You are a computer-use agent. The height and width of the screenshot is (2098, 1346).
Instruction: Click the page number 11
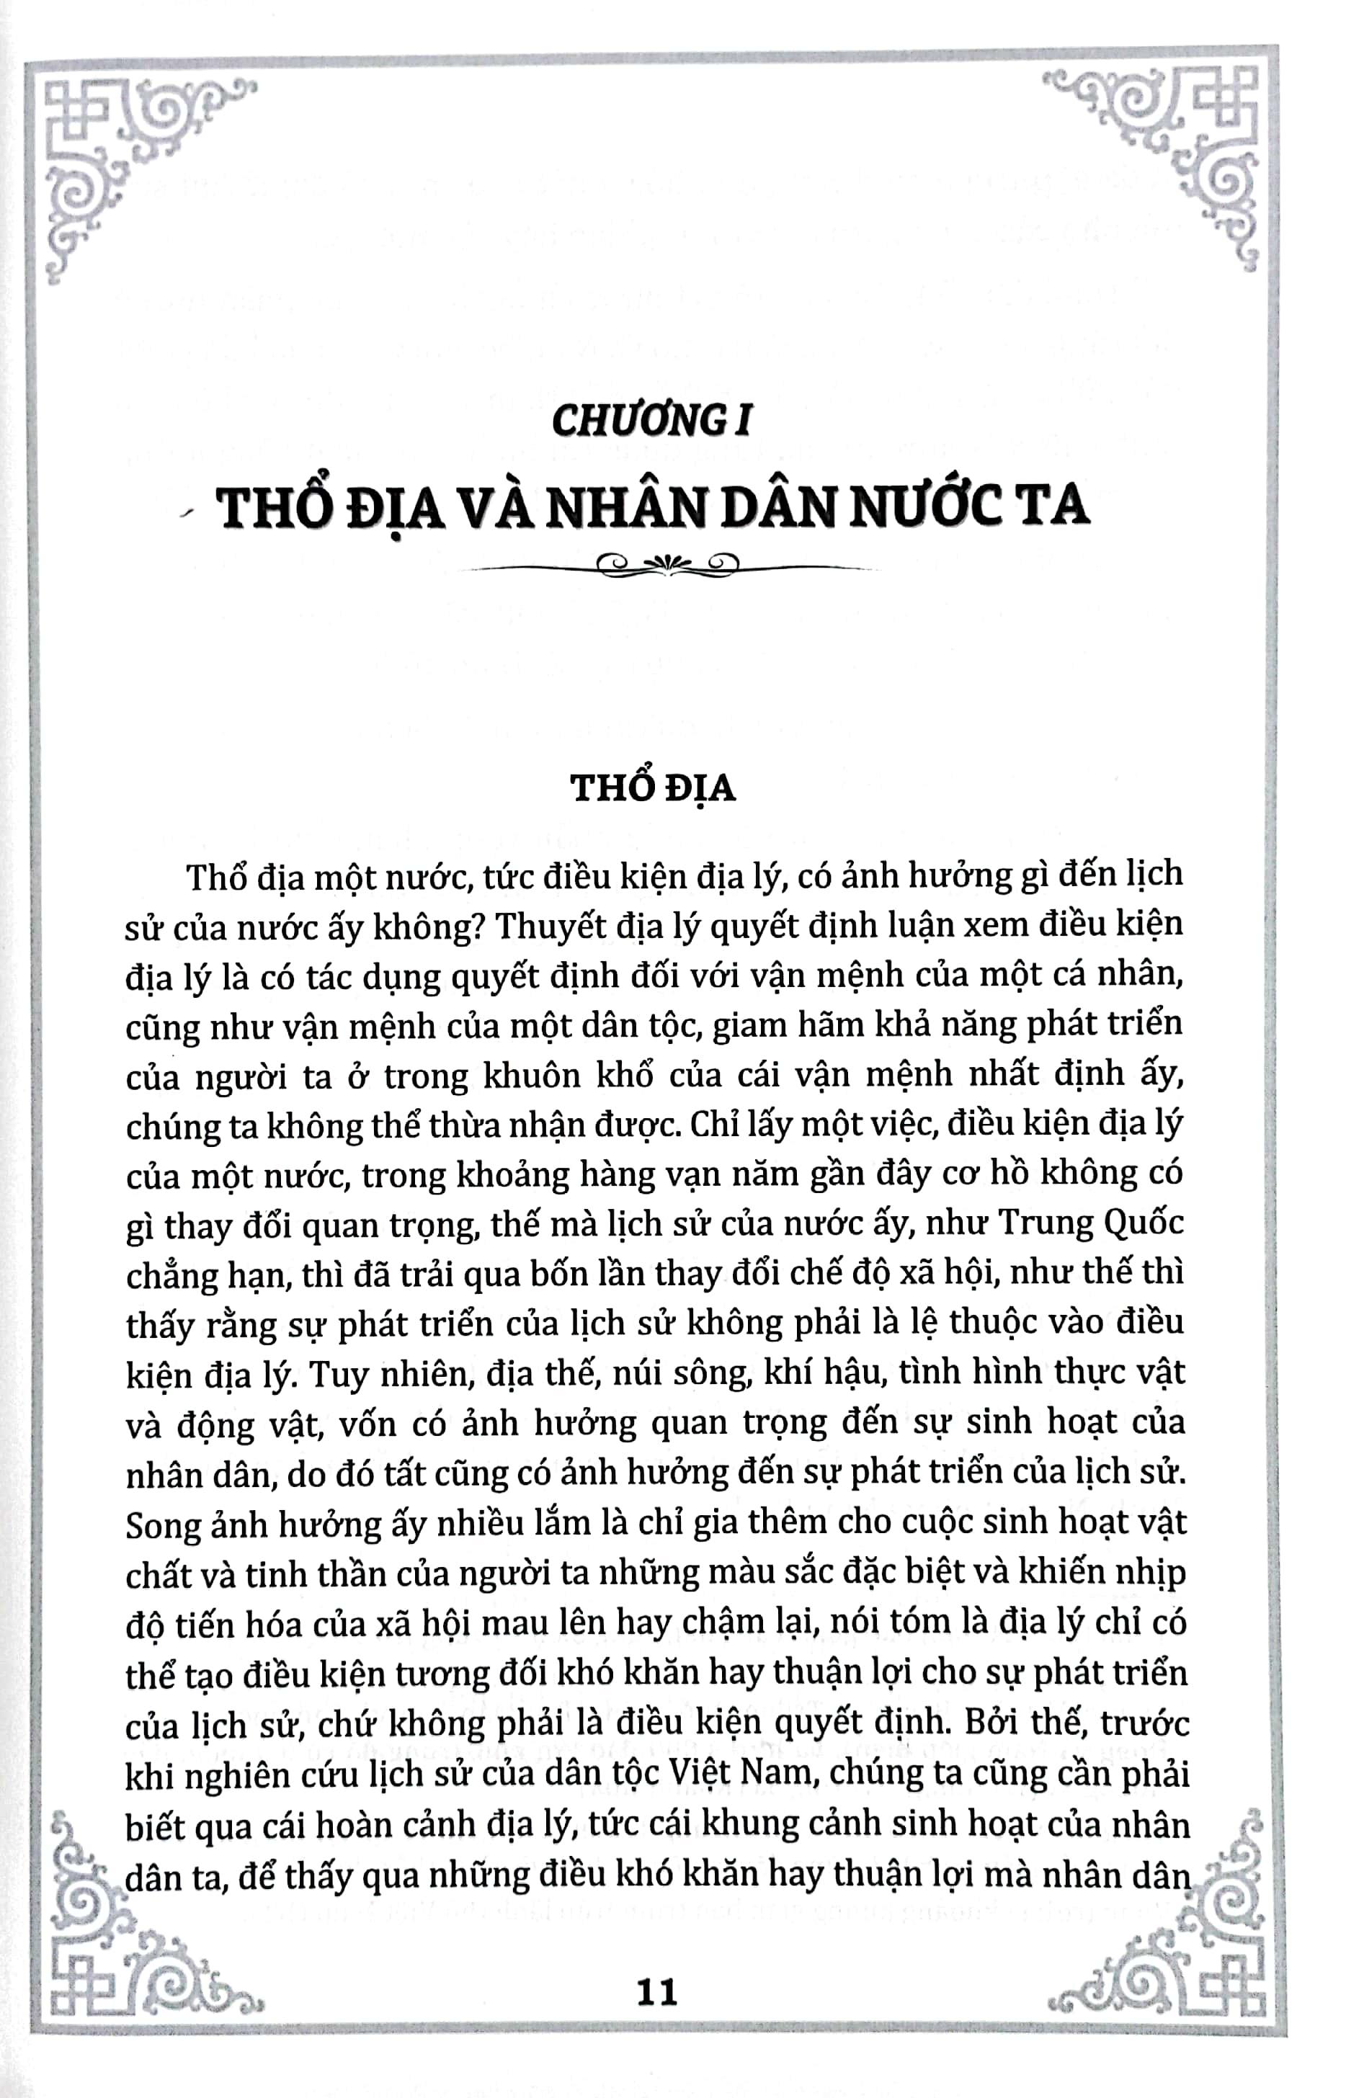[x=657, y=1986]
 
